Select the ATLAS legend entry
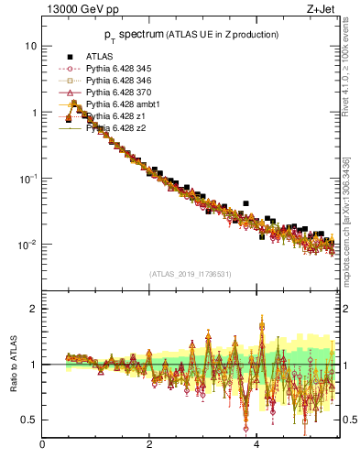click(100, 56)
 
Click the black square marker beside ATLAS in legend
click(70, 56)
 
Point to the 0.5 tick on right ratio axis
click(350, 420)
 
